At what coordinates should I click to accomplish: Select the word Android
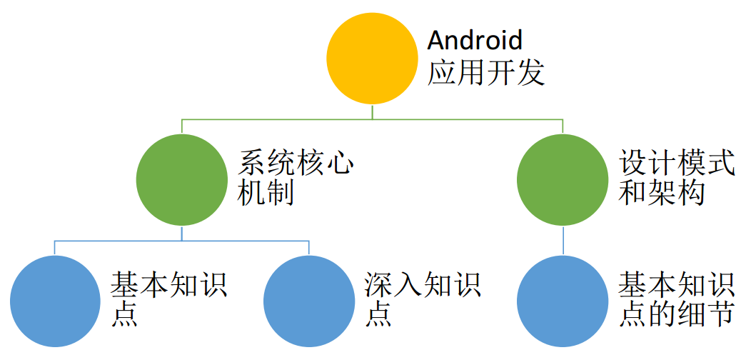tap(475, 40)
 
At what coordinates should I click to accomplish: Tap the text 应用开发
tap(486, 72)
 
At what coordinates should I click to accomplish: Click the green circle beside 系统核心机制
tap(181, 179)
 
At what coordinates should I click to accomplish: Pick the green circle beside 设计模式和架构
tap(563, 179)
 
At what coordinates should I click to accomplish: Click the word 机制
tap(267, 194)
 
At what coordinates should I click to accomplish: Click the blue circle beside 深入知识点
tap(308, 301)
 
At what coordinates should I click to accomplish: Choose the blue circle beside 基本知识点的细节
tap(563, 301)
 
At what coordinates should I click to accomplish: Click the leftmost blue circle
tap(56, 301)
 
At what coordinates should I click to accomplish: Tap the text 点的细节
tap(676, 314)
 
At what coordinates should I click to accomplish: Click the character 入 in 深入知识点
tap(408, 285)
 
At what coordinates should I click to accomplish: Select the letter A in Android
tap(436, 40)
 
